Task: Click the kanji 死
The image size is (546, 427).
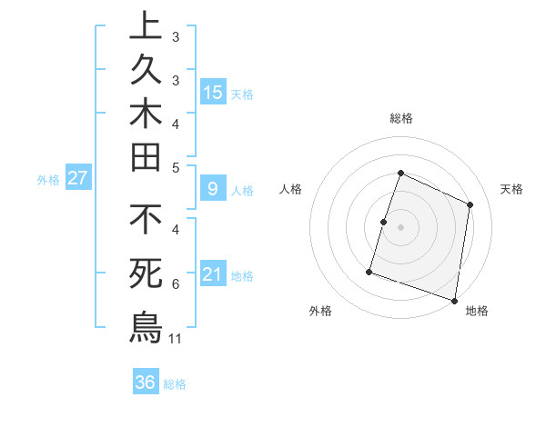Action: pyautogui.click(x=146, y=273)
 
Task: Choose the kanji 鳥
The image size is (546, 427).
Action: pyautogui.click(x=146, y=325)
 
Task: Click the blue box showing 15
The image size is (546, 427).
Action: pyautogui.click(x=213, y=92)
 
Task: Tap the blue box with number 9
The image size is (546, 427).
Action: pyautogui.click(x=213, y=189)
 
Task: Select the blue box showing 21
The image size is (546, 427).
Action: pyautogui.click(x=213, y=274)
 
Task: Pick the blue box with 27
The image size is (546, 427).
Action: pyautogui.click(x=77, y=178)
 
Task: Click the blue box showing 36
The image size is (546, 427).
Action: pyautogui.click(x=146, y=382)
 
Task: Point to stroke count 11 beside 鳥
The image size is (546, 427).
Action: pyautogui.click(x=177, y=339)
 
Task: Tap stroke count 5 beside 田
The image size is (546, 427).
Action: pyautogui.click(x=176, y=167)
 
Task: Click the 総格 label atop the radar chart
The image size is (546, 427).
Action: pyautogui.click(x=400, y=118)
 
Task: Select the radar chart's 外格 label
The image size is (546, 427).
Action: pyautogui.click(x=320, y=311)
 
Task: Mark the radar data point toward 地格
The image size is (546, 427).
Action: pyautogui.click(x=454, y=300)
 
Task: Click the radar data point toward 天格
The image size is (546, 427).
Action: pyautogui.click(x=470, y=204)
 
